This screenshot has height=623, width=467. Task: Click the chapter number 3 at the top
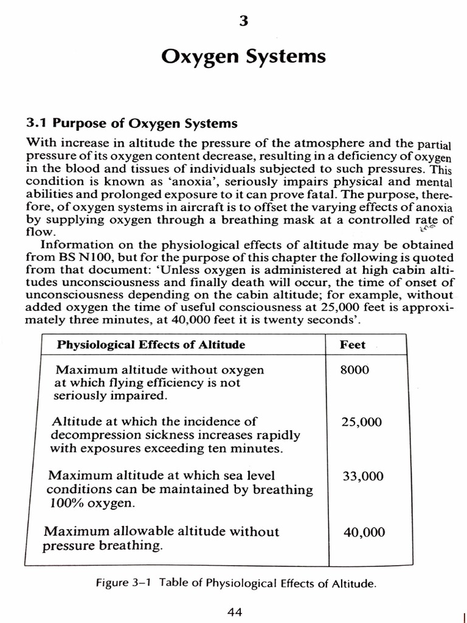click(x=243, y=22)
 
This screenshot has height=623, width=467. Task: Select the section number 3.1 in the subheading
click(x=37, y=124)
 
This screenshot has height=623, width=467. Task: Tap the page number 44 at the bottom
click(x=235, y=611)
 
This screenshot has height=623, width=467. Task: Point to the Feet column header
click(x=353, y=345)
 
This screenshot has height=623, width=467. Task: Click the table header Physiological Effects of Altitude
click(x=151, y=345)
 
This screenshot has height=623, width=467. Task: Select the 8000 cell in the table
click(x=355, y=370)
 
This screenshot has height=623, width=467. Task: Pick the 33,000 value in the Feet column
click(x=363, y=476)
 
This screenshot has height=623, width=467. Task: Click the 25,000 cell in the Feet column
click(x=362, y=422)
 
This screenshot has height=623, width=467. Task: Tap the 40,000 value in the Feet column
click(x=364, y=532)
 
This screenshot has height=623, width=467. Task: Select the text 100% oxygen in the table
click(x=90, y=504)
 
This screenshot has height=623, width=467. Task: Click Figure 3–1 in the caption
click(x=123, y=583)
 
